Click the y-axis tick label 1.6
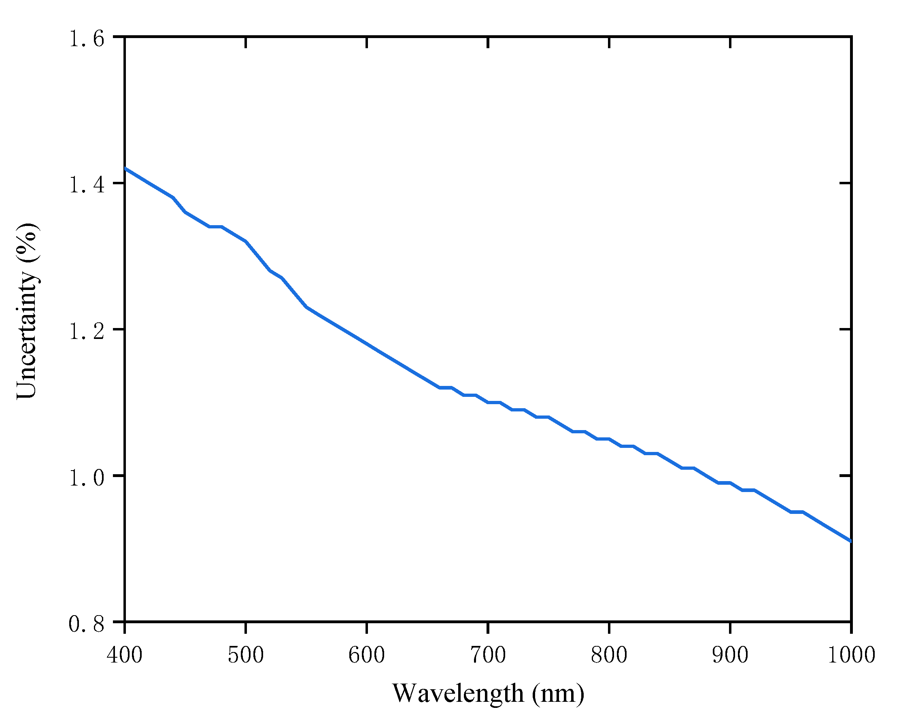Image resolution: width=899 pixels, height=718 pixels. [87, 39]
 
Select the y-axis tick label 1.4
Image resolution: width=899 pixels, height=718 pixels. [87, 185]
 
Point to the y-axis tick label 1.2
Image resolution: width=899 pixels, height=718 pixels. [87, 331]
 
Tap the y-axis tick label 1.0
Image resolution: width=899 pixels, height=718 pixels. [87, 478]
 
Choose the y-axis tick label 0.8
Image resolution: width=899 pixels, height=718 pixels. [87, 624]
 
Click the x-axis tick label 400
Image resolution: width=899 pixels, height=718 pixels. [125, 655]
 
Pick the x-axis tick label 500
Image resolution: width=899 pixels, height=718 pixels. [246, 655]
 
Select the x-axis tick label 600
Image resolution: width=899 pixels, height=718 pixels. [367, 655]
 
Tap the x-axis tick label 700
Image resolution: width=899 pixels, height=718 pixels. [488, 655]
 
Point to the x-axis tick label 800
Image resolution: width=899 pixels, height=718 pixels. [609, 655]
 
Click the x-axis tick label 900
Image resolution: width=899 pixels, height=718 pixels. [730, 655]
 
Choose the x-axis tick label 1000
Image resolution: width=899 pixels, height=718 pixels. [851, 655]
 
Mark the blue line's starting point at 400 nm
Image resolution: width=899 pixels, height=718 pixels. [125, 168]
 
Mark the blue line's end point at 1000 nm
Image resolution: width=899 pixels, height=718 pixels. [851, 541]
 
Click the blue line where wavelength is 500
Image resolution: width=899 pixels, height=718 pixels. [246, 241]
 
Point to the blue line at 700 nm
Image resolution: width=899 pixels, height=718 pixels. [488, 403]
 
